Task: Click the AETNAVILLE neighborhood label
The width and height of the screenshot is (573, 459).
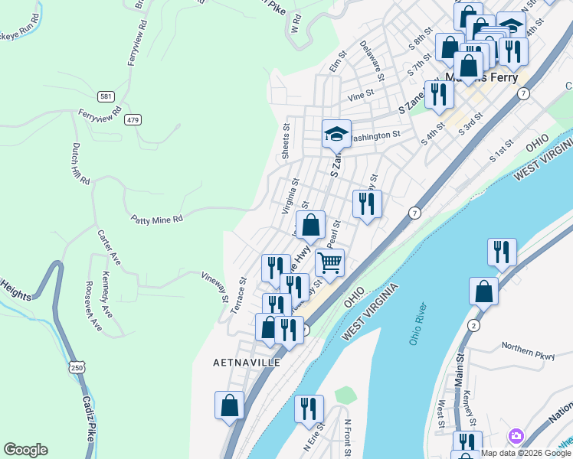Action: pyautogui.click(x=247, y=363)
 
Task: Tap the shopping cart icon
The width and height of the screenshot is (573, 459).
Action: pyautogui.click(x=329, y=262)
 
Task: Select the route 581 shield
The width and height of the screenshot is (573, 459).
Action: pyautogui.click(x=106, y=96)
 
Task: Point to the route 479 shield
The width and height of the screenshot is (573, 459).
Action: pyautogui.click(x=134, y=119)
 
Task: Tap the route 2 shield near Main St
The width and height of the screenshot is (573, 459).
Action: pyautogui.click(x=474, y=326)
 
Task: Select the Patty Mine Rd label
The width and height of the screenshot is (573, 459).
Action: pyautogui.click(x=156, y=219)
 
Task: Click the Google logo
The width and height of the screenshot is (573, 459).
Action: pyautogui.click(x=25, y=450)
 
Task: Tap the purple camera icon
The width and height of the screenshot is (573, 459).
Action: pyautogui.click(x=516, y=435)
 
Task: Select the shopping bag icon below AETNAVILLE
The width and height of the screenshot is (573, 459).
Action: pyautogui.click(x=229, y=405)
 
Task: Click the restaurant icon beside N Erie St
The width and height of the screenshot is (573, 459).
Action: pyautogui.click(x=309, y=409)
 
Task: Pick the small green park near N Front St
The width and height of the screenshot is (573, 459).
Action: pyautogui.click(x=345, y=396)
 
